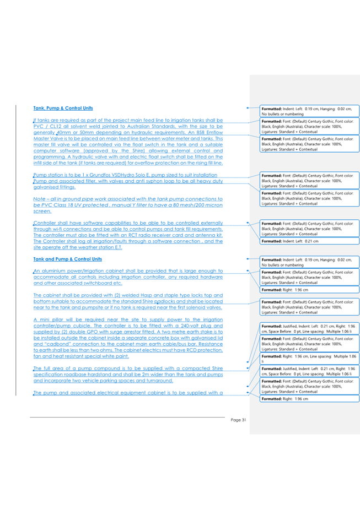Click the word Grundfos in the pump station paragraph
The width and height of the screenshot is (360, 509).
point(95,175)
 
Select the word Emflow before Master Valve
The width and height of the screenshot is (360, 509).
point(213,134)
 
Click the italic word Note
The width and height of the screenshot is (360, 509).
point(40,199)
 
